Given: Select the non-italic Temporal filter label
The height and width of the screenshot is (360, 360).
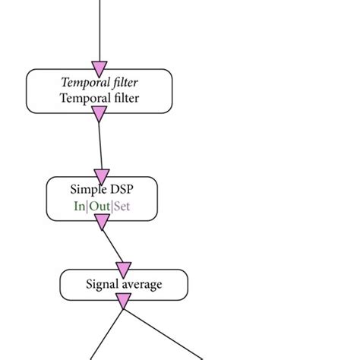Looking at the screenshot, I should tap(99, 98).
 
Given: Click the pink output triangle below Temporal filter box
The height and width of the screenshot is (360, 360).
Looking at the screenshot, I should tap(99, 114).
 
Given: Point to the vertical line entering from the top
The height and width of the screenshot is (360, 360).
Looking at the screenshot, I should tap(99, 30).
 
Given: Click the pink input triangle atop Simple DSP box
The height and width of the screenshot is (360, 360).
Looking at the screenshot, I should tap(102, 177).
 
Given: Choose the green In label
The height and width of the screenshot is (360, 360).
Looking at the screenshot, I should tap(79, 206).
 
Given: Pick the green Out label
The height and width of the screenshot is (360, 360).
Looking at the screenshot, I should tap(99, 206).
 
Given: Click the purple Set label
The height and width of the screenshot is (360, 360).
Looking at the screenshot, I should tap(122, 206).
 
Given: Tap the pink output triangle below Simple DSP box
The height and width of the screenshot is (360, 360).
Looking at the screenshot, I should tap(102, 222).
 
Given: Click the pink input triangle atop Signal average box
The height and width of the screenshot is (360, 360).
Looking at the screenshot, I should tap(123, 270).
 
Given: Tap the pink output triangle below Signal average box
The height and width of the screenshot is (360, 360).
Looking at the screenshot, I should tap(123, 302).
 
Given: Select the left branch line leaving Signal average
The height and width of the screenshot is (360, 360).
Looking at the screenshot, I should tap(106, 331).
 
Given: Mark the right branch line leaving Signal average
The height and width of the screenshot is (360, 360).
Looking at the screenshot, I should tap(163, 331).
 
